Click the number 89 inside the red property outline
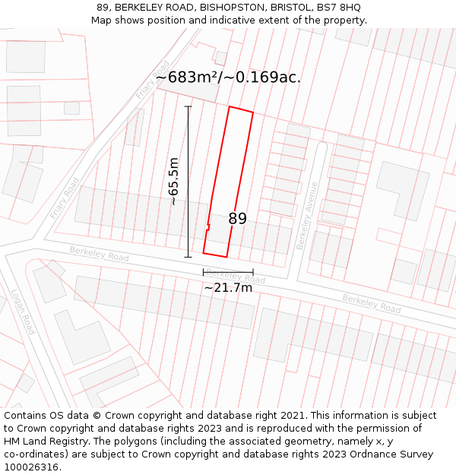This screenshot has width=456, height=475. click(237, 219)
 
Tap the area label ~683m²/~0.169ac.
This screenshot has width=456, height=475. click(228, 77)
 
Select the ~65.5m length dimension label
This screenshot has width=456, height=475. click(174, 182)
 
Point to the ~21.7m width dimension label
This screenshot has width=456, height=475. click(228, 287)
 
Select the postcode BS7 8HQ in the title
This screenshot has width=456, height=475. click(340, 8)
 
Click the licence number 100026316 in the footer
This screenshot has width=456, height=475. click(31, 467)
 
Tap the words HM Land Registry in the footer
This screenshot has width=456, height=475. click(42, 442)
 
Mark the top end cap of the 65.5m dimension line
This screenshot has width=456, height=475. click(188, 106)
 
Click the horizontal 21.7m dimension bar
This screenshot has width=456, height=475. click(228, 272)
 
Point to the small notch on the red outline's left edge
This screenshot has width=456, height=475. click(207, 226)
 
